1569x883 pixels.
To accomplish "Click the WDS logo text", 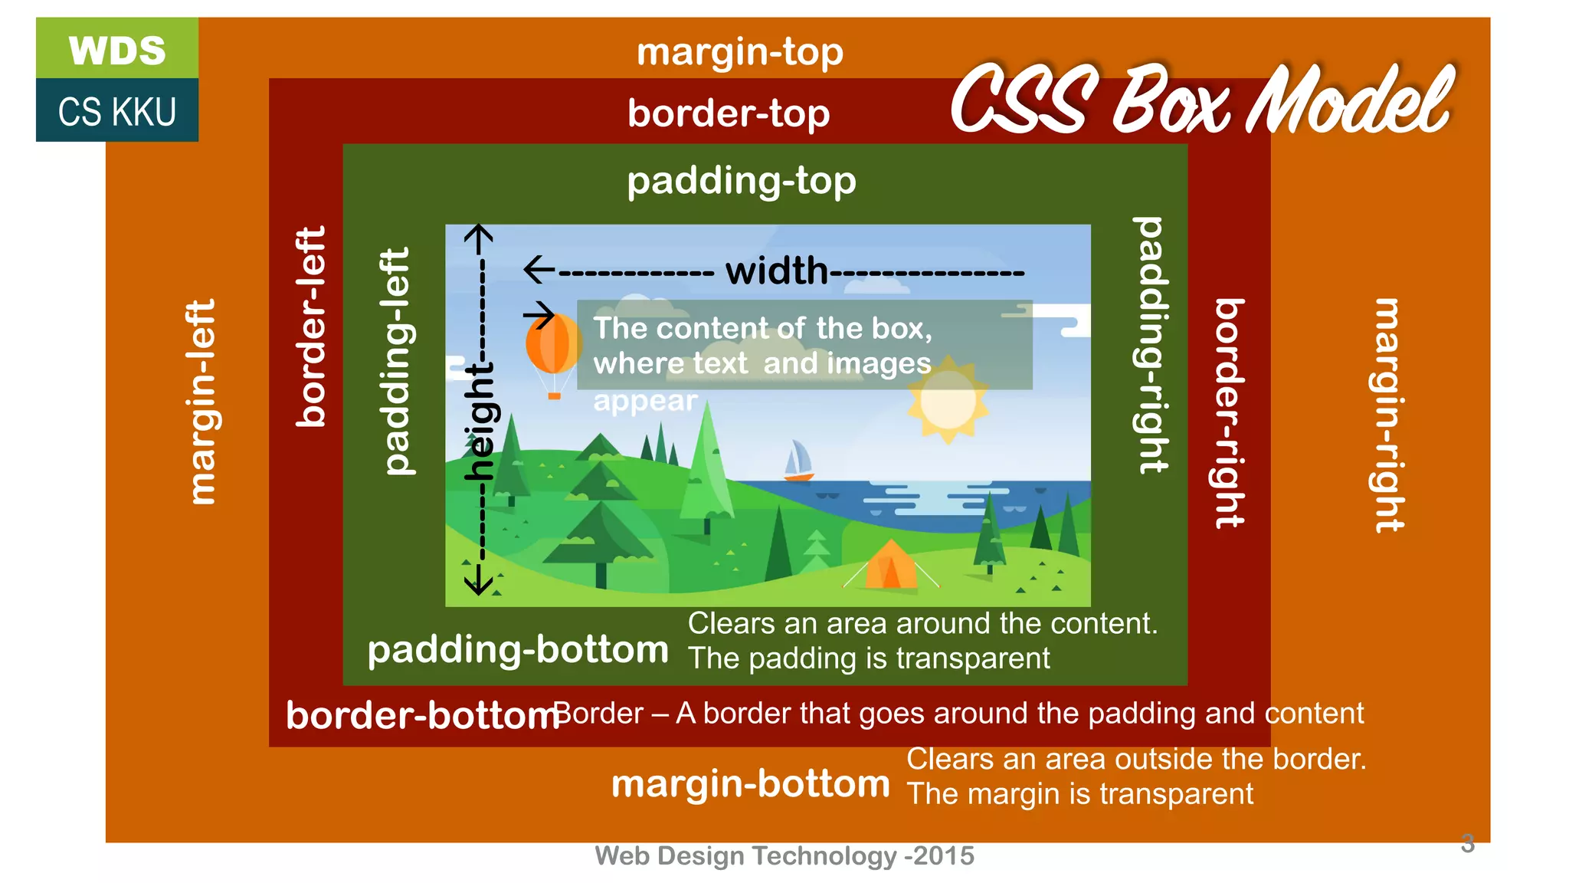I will tap(117, 51).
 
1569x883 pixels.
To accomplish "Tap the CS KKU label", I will tap(117, 112).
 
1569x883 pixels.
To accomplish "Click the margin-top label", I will tap(739, 53).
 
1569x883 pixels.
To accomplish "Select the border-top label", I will tap(729, 113).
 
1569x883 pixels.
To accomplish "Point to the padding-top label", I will tap(741, 182).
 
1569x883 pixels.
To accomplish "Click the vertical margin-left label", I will tap(201, 402).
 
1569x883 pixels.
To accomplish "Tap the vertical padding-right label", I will tap(1151, 344).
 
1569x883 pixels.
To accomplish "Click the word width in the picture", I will tap(777, 271).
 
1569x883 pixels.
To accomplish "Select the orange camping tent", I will tap(890, 566).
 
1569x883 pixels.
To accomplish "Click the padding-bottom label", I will tap(518, 650).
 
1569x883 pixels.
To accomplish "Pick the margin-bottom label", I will tap(750, 784).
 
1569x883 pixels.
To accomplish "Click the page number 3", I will tap(1467, 844).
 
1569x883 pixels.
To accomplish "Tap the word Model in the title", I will tap(1350, 100).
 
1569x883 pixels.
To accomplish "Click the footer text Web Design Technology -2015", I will tap(784, 855).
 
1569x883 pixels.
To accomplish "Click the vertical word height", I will tap(481, 422).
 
